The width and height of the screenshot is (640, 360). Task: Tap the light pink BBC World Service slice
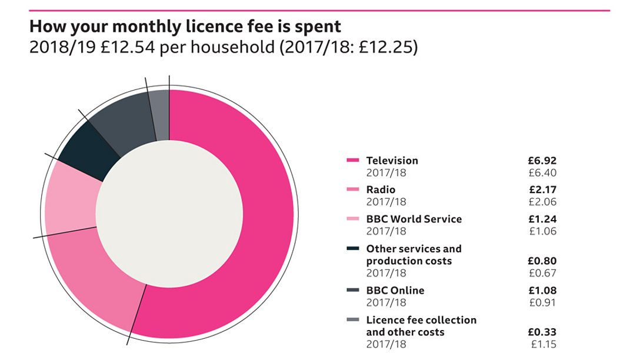click(x=69, y=200)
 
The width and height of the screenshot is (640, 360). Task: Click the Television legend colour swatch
click(x=353, y=161)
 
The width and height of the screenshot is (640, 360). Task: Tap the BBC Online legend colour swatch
click(x=353, y=290)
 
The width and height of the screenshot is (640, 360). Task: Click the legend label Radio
click(x=381, y=189)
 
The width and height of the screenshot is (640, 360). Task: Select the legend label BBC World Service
click(x=414, y=219)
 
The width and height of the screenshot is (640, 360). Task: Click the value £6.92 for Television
click(x=542, y=161)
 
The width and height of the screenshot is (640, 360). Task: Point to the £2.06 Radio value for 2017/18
click(x=542, y=202)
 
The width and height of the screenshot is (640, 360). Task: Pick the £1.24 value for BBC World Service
click(x=542, y=219)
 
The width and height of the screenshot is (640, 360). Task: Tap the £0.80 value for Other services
click(x=542, y=261)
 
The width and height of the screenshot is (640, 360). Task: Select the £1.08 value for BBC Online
click(x=542, y=290)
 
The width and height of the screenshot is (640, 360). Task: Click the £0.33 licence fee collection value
click(x=542, y=332)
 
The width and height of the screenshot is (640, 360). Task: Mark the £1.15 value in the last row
click(x=542, y=344)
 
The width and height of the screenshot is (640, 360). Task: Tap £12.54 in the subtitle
click(x=128, y=47)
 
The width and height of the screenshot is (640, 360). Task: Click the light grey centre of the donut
click(x=169, y=214)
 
